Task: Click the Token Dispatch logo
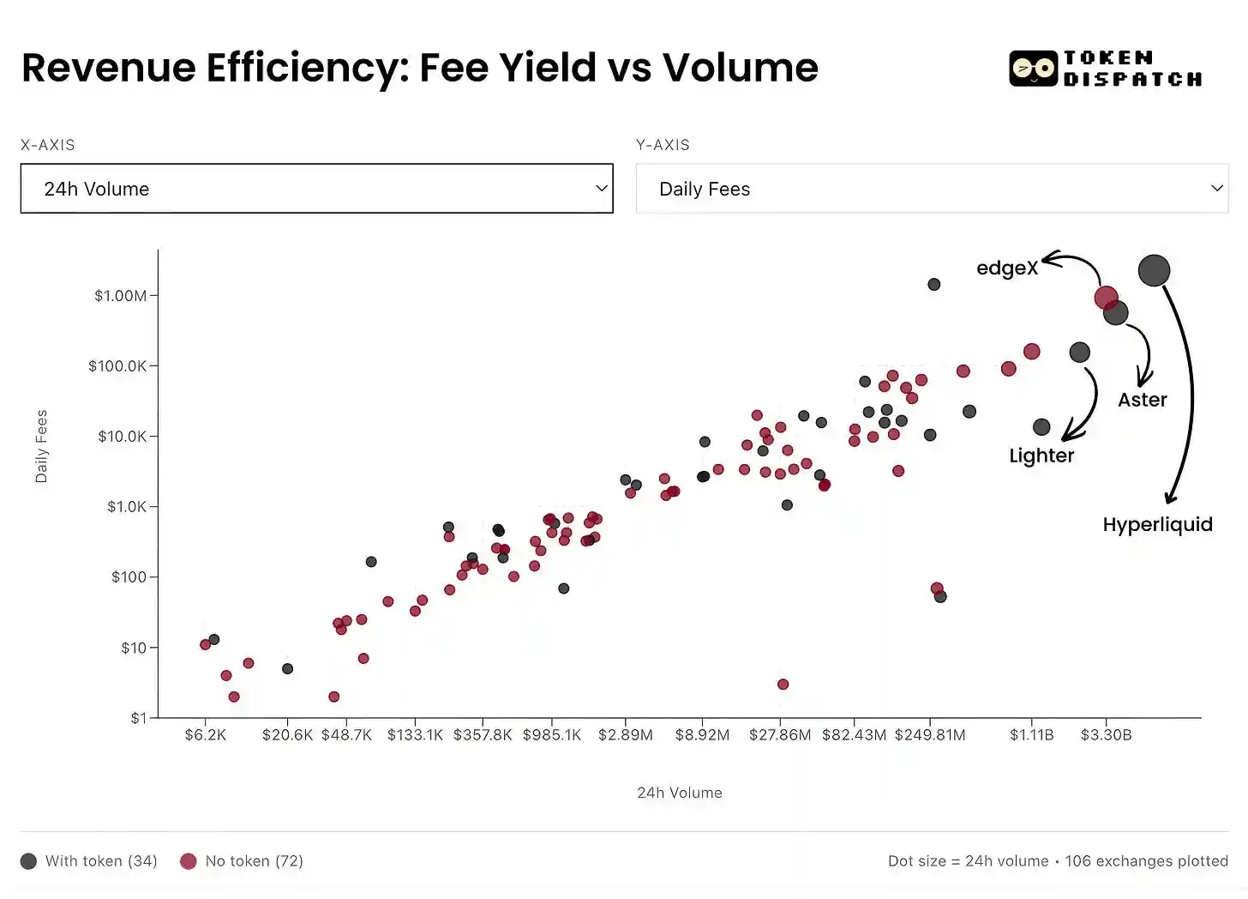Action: click(x=1106, y=69)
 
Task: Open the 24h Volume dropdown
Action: click(x=316, y=189)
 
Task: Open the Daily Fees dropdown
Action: click(x=932, y=189)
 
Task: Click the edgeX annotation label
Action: click(x=1007, y=268)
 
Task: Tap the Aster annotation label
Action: click(x=1142, y=400)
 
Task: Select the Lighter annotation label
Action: click(x=1041, y=456)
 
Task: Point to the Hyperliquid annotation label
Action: click(x=1157, y=524)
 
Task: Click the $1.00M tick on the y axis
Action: click(x=120, y=296)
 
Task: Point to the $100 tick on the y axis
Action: click(x=129, y=577)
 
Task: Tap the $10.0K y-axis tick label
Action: click(x=122, y=437)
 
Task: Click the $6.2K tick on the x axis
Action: click(x=206, y=735)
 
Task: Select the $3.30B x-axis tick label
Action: click(x=1106, y=735)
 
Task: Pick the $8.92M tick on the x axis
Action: click(x=702, y=735)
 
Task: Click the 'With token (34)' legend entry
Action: click(x=89, y=861)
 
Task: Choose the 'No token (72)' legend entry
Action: click(x=243, y=861)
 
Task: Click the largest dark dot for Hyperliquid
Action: click(x=1154, y=270)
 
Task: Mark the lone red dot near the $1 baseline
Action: click(x=783, y=685)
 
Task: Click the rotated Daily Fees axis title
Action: click(x=41, y=446)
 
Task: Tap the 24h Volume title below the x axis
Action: click(x=679, y=793)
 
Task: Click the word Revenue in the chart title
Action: click(x=109, y=68)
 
